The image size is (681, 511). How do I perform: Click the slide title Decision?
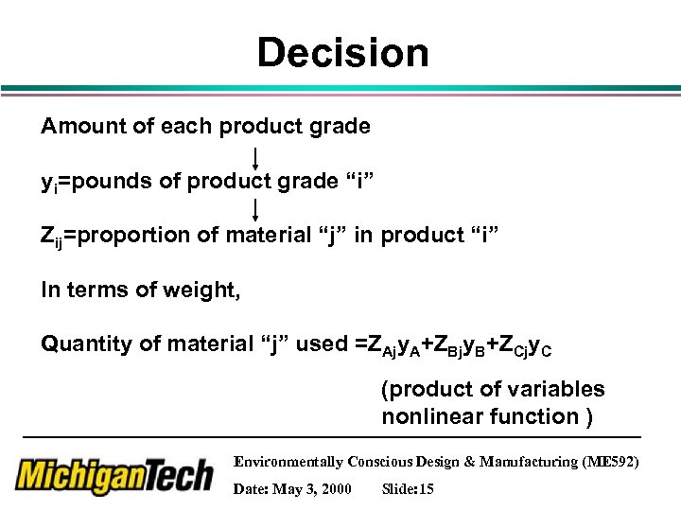[x=342, y=53]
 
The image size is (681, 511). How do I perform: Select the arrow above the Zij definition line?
[x=256, y=208]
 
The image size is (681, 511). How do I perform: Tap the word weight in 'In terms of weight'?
[x=208, y=291]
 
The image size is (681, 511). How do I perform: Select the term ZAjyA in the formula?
[x=395, y=346]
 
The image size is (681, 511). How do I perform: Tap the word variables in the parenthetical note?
[x=557, y=389]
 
